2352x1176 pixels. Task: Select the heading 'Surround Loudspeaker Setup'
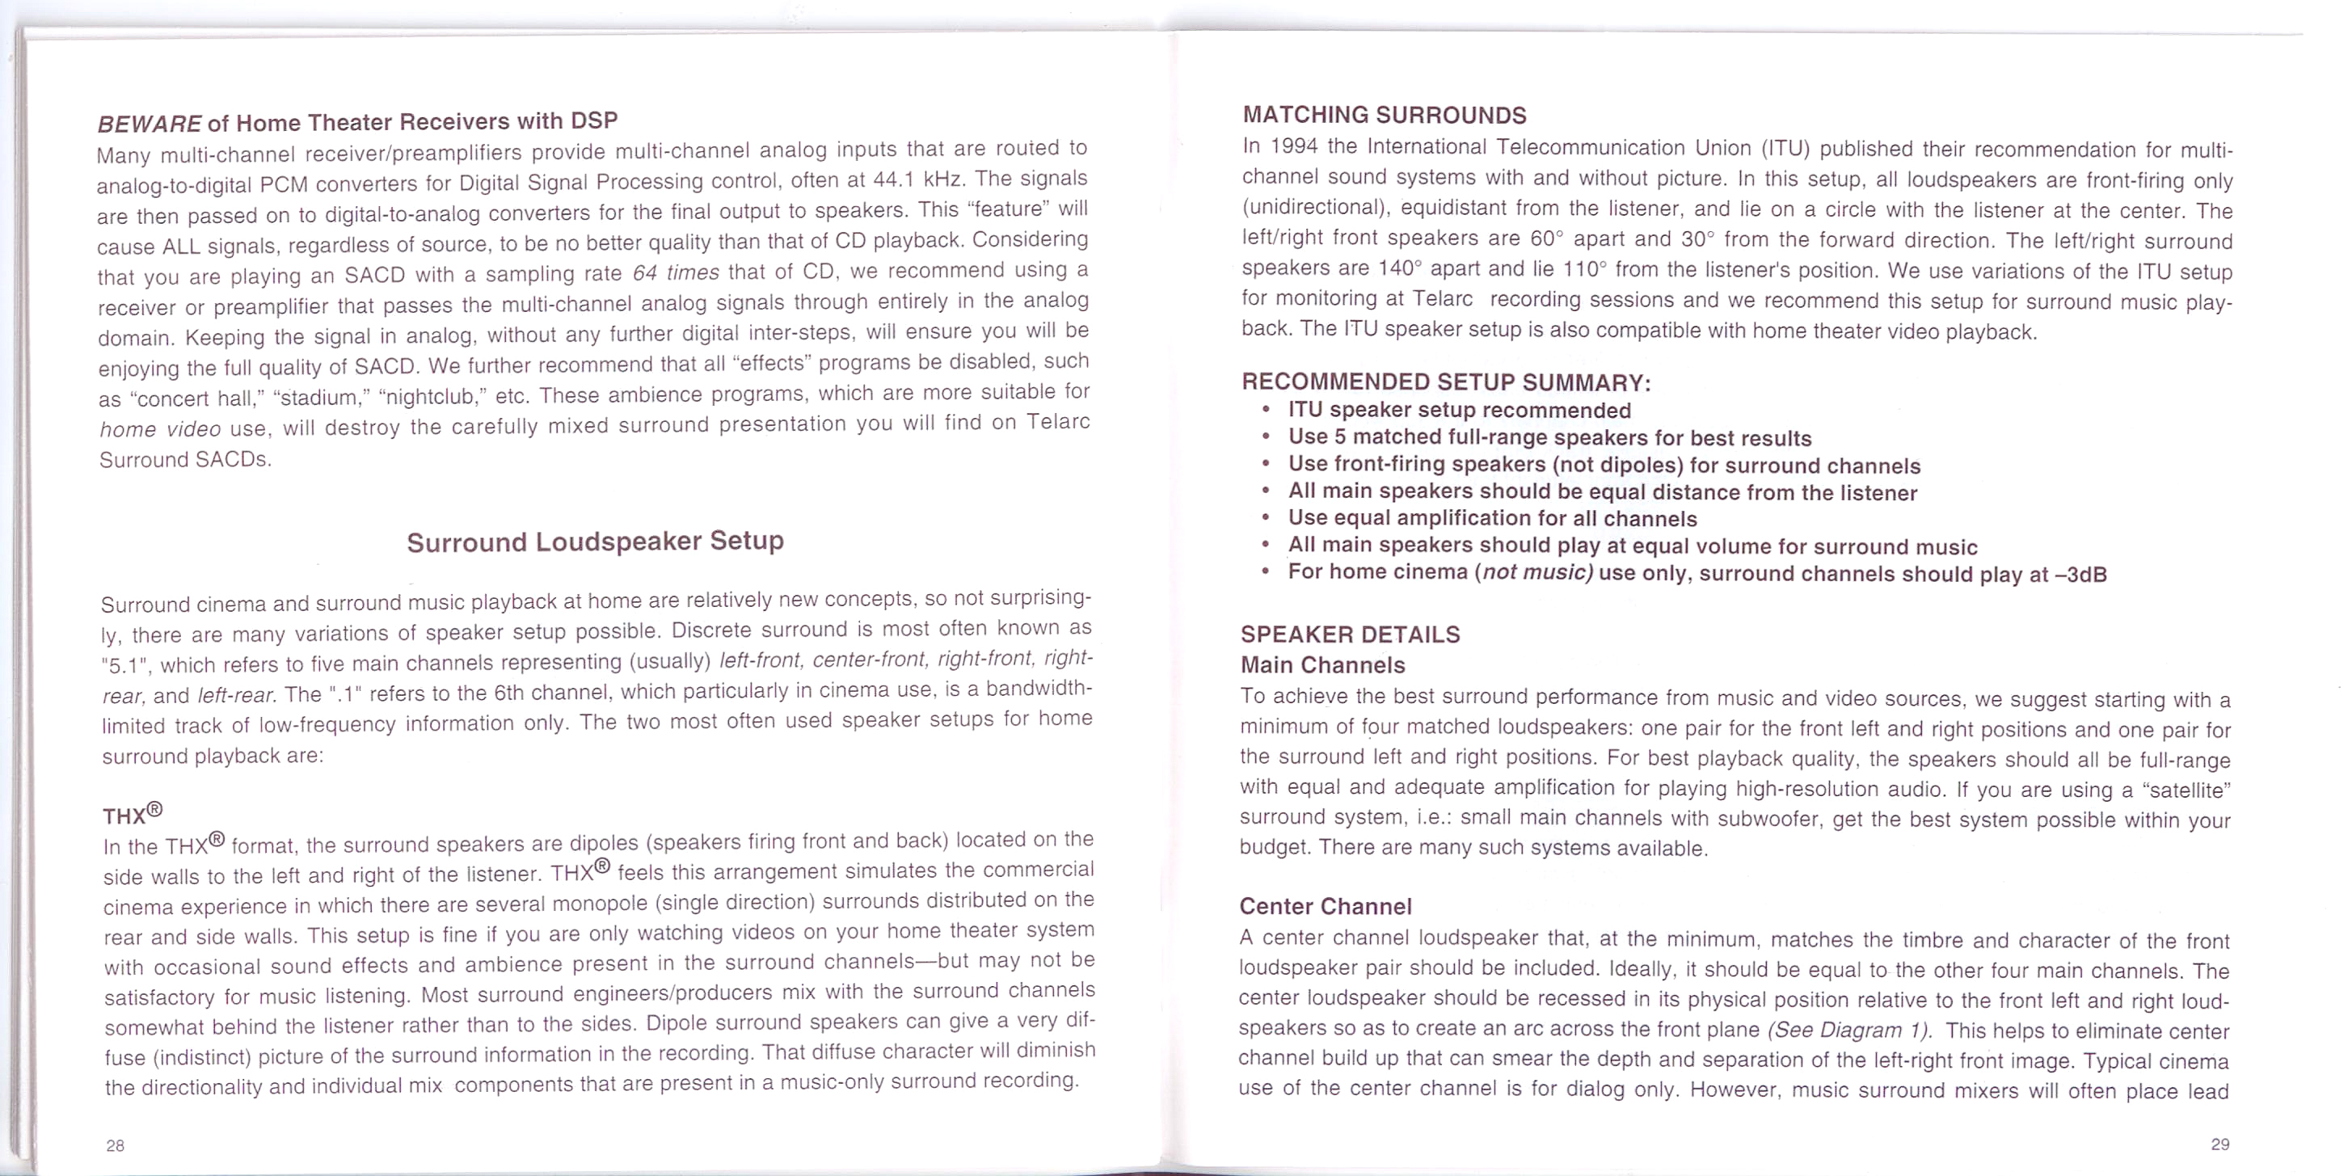point(596,542)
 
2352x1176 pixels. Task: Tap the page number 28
point(115,1145)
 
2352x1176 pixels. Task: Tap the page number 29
point(2220,1144)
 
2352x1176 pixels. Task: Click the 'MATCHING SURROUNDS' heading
point(1385,115)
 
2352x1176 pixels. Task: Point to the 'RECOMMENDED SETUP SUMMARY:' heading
point(1445,381)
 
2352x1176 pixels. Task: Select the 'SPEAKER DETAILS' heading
point(1351,634)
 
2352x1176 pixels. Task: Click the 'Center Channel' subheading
point(1326,907)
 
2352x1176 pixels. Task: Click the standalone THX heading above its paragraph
point(133,812)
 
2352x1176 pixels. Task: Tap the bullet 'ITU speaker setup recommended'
point(1459,411)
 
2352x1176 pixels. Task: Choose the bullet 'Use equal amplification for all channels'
point(1492,519)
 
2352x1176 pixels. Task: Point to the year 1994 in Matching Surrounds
point(1295,147)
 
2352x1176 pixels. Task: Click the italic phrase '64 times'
point(676,273)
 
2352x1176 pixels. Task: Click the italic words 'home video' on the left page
point(160,429)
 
